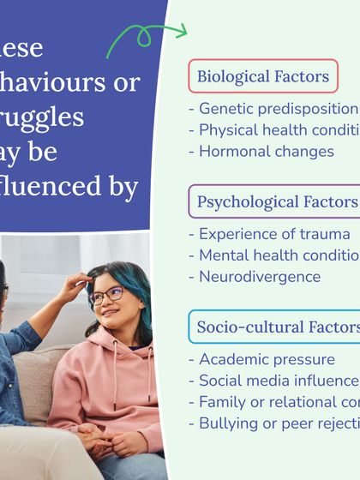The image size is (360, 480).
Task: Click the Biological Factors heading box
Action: (x=262, y=76)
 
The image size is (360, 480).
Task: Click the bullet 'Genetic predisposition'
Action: (x=273, y=109)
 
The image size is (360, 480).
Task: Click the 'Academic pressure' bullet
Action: (x=261, y=359)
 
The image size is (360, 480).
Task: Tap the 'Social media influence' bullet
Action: (x=273, y=381)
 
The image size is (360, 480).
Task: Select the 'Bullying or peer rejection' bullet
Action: (x=273, y=423)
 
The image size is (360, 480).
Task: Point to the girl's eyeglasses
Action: (x=106, y=295)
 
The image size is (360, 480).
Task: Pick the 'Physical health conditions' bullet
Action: (x=273, y=130)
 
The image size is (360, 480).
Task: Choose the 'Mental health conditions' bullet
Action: (x=273, y=255)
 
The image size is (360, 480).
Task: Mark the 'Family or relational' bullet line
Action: (x=273, y=401)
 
